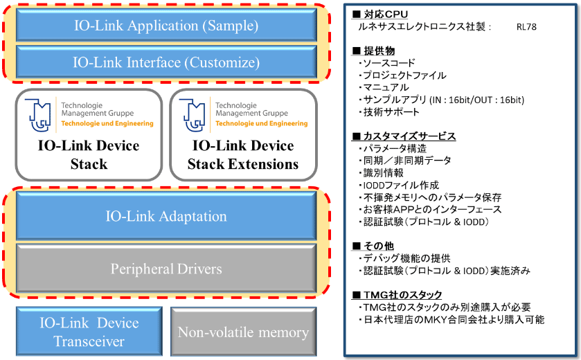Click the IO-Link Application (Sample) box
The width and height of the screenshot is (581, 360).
(x=166, y=26)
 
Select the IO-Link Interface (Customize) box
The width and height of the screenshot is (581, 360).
(x=166, y=62)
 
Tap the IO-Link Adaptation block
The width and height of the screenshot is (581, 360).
(x=166, y=216)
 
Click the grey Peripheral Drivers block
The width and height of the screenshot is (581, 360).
(x=166, y=268)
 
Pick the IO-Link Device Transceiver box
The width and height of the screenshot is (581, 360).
(x=88, y=332)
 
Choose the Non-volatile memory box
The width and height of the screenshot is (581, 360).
(x=243, y=332)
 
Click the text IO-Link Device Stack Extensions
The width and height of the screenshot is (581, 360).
(x=243, y=155)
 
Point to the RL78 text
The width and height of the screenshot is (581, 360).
(x=526, y=27)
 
